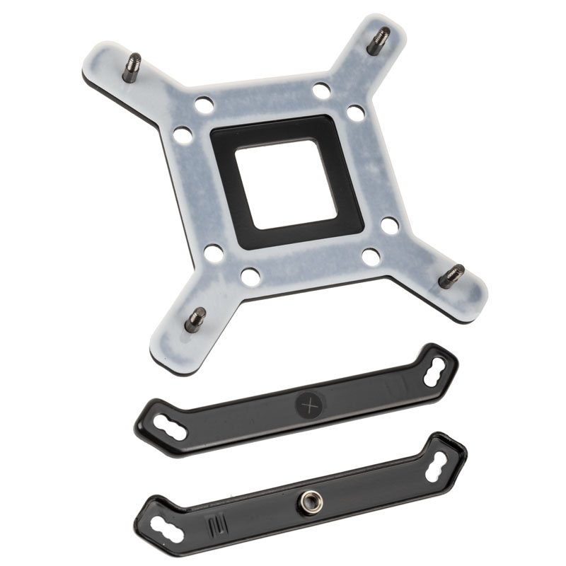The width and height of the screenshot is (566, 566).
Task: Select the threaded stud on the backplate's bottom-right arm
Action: click(x=451, y=275)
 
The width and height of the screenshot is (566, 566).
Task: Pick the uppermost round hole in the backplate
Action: click(x=321, y=91)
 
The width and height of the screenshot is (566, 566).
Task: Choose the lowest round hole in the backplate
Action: click(x=250, y=276)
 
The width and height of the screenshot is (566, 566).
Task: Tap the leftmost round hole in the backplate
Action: click(x=183, y=134)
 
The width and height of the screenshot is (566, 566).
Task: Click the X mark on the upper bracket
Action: click(x=308, y=405)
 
